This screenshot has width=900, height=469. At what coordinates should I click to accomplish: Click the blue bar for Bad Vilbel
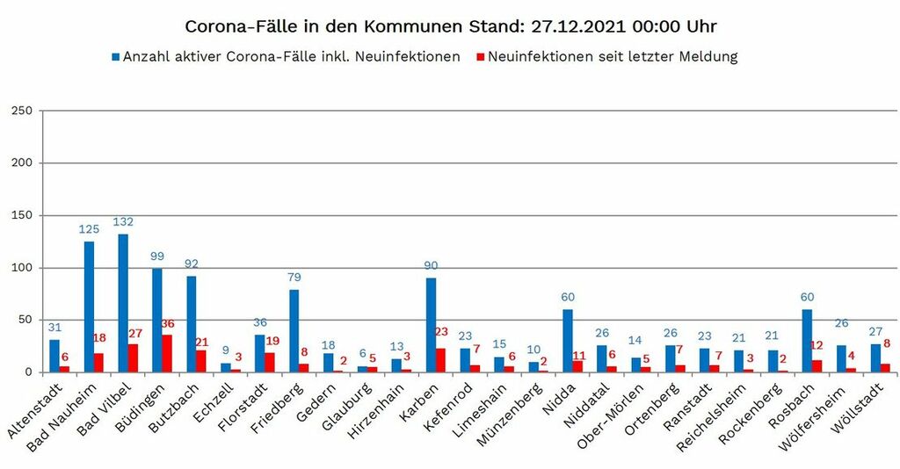(123, 303)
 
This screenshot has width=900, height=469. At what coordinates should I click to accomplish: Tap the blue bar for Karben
(431, 325)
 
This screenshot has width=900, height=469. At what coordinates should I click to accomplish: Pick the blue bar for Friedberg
(294, 330)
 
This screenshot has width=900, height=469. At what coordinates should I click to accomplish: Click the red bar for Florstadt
(270, 362)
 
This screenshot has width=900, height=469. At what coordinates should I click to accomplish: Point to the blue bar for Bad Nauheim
(89, 307)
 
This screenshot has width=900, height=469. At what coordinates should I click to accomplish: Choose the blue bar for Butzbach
(192, 324)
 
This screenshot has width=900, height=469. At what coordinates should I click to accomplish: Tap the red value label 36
(167, 323)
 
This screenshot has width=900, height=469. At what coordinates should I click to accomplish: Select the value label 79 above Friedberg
(294, 278)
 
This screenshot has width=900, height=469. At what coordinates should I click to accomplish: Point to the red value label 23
(441, 332)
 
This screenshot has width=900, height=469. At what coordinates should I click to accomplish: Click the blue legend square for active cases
(115, 57)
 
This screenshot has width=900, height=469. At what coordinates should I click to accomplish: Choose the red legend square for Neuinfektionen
(479, 57)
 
